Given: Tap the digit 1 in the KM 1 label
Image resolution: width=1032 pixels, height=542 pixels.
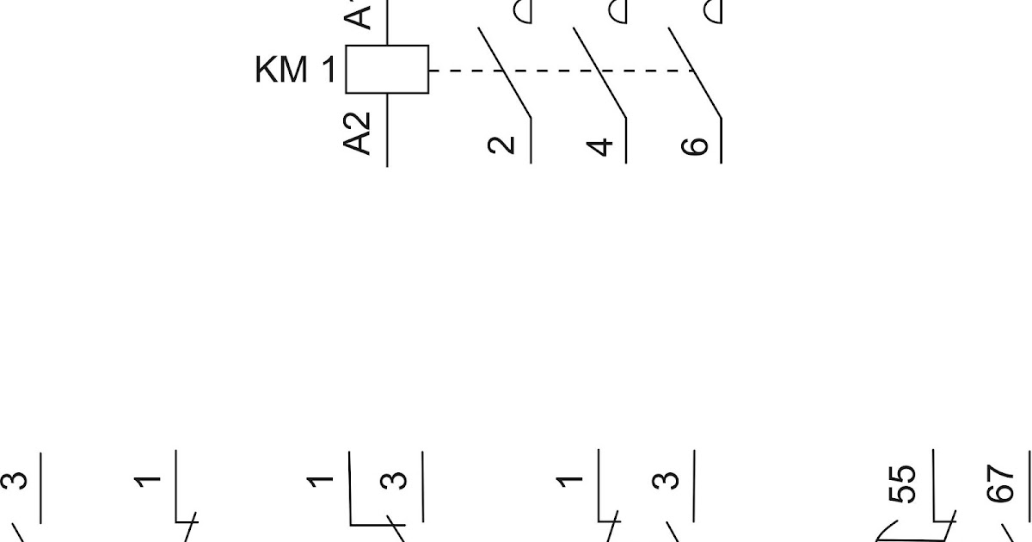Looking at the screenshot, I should [x=329, y=71].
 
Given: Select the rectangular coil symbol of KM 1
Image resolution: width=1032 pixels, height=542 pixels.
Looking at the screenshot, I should [x=387, y=69].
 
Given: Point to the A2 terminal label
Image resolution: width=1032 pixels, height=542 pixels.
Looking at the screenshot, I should [x=359, y=132].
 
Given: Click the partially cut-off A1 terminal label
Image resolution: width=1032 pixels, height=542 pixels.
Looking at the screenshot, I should [x=359, y=13].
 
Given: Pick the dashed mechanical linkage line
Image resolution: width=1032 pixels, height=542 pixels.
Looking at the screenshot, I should [x=559, y=70].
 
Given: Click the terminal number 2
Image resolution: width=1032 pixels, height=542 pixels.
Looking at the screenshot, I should [x=502, y=145].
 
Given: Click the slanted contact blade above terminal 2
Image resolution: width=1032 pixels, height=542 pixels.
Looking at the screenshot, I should [x=504, y=72].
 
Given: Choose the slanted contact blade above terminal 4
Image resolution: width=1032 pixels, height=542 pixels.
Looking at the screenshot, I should [x=599, y=72].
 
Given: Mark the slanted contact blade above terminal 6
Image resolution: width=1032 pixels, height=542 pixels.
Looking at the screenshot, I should [x=695, y=72].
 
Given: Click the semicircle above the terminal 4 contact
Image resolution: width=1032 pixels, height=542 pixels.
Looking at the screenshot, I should [x=617, y=11].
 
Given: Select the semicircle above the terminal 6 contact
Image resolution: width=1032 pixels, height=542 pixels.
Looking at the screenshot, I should [x=714, y=11].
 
